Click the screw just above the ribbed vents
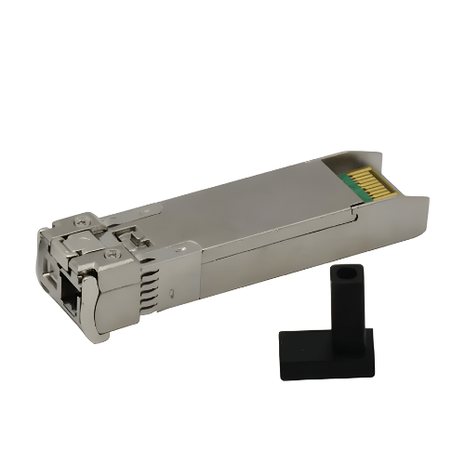(x=113, y=252)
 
